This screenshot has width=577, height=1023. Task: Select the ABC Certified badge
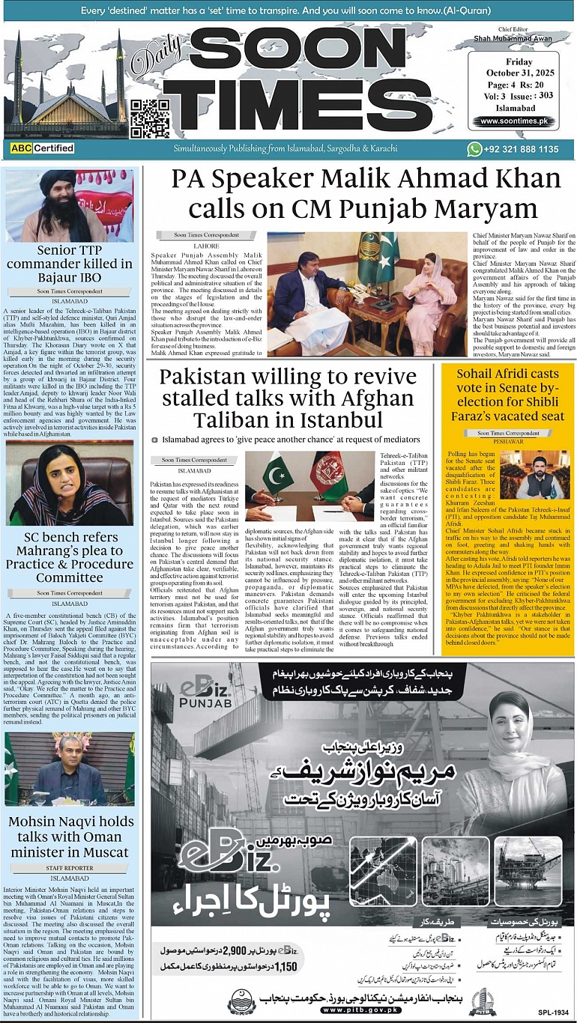[43, 148]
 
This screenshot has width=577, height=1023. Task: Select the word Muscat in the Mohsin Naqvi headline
[96, 852]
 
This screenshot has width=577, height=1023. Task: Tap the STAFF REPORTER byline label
[70, 868]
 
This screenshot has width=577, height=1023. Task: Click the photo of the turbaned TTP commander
[70, 205]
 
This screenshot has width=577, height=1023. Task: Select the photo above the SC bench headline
[70, 485]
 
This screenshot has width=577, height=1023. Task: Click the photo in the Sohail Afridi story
[534, 475]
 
